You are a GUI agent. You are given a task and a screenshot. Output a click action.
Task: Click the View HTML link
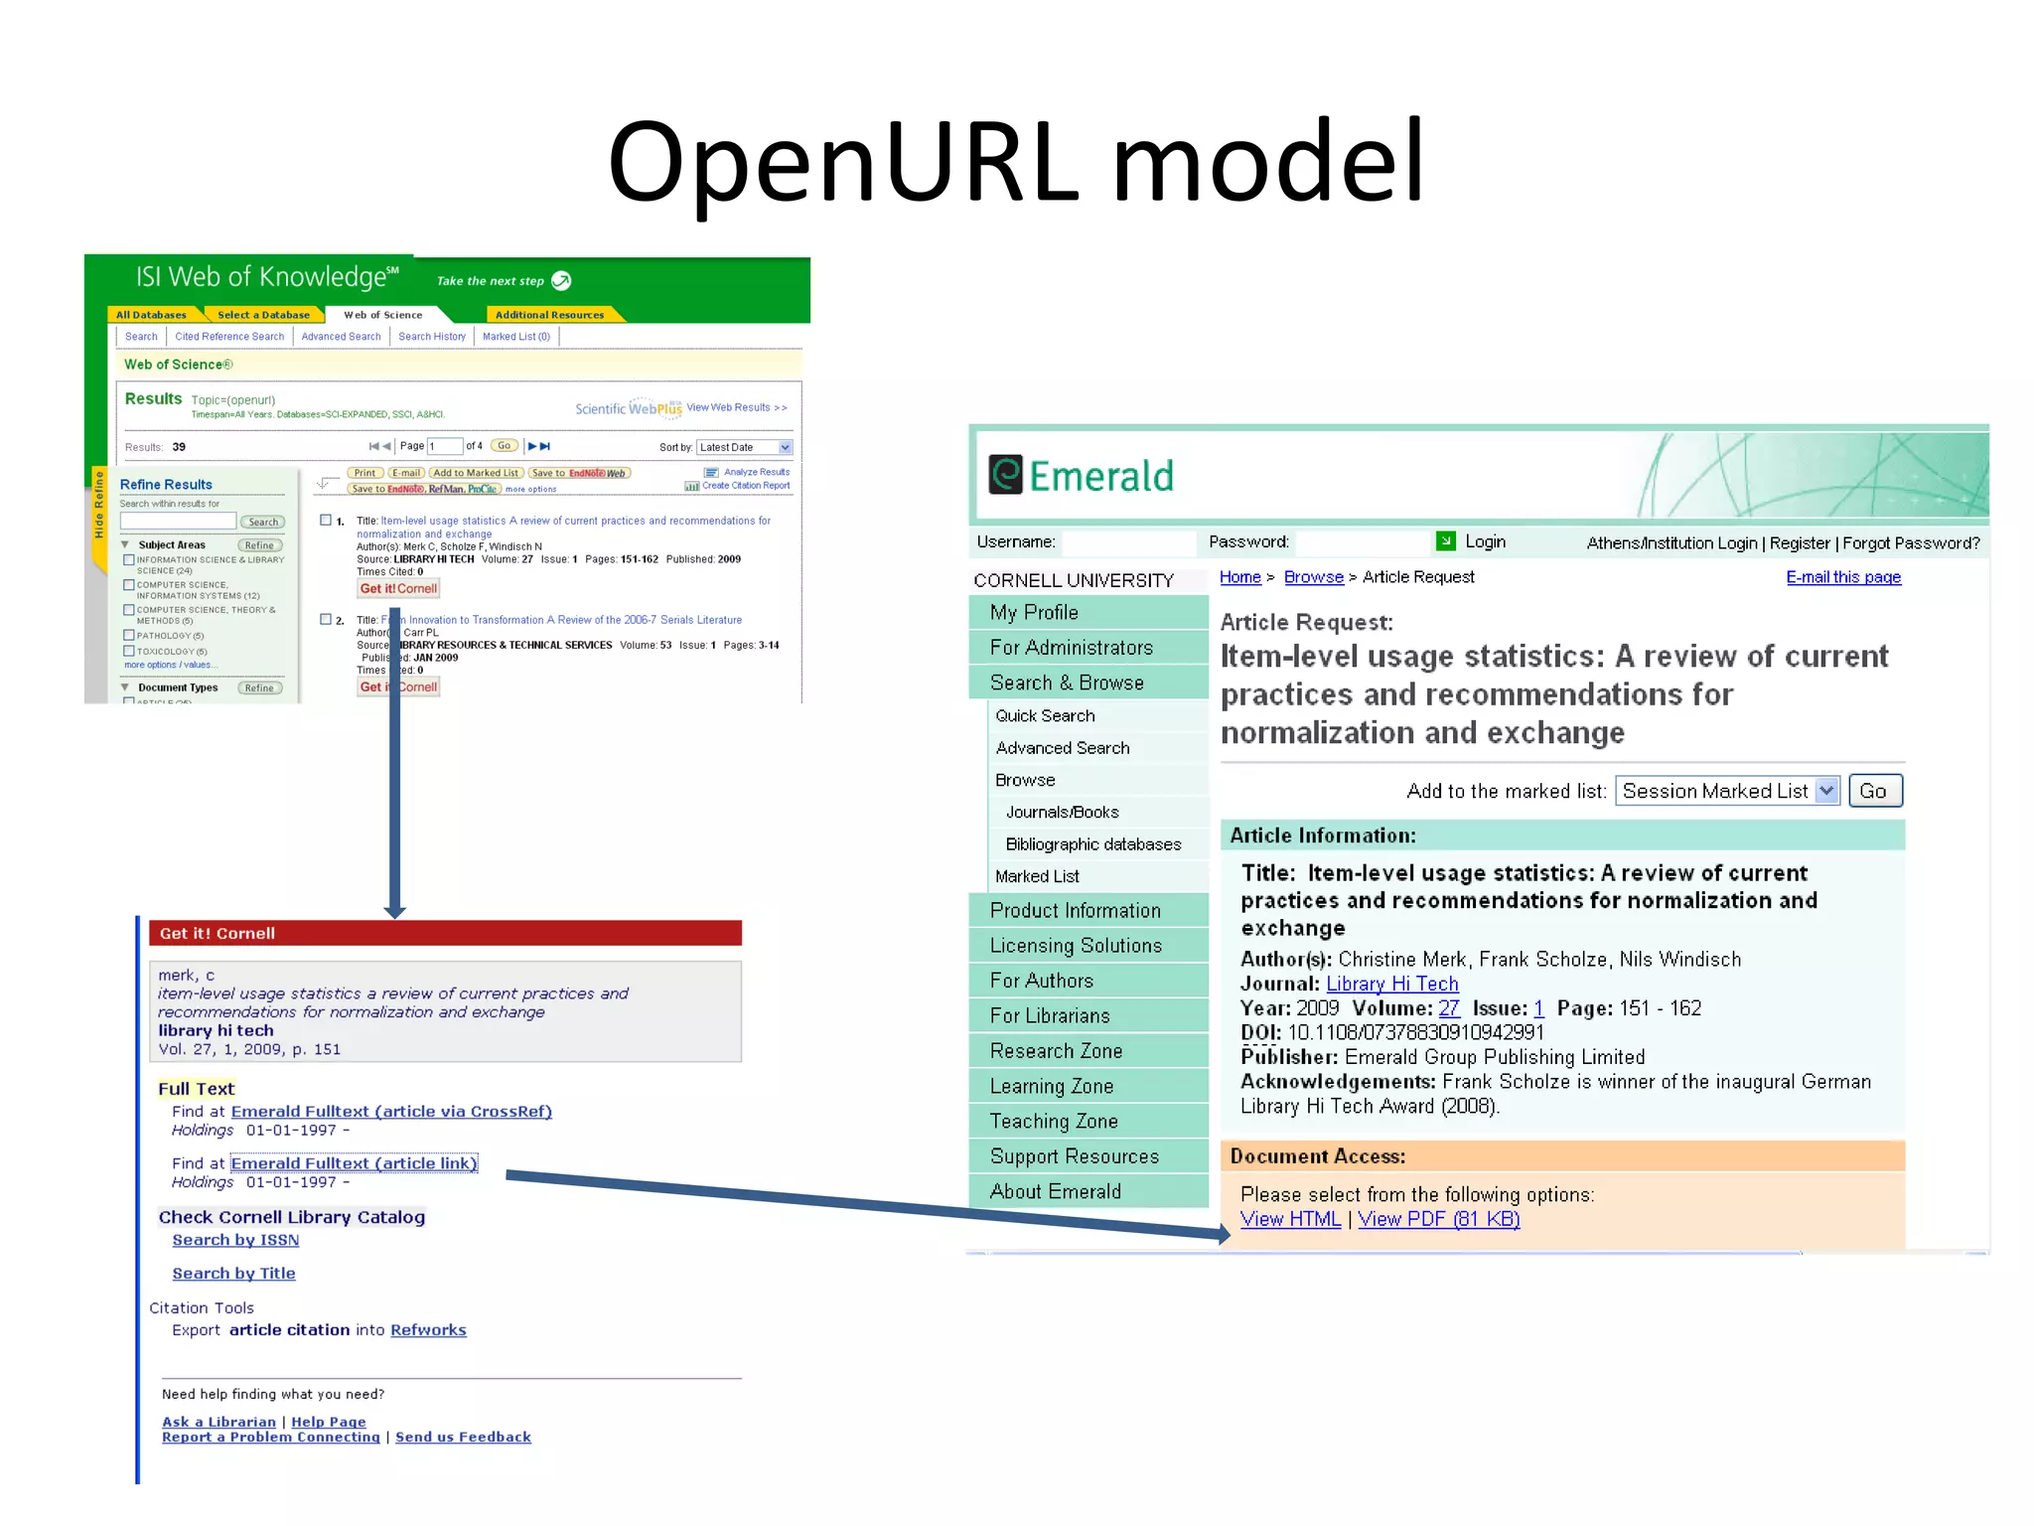[x=1289, y=1219]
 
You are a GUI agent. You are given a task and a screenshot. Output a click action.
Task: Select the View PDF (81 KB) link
[x=1438, y=1219]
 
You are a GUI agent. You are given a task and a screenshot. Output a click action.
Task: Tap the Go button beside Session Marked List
[x=1874, y=791]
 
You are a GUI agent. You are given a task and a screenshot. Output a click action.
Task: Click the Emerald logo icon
[x=1005, y=475]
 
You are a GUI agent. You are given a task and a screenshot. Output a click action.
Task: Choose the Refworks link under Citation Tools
[x=428, y=1330]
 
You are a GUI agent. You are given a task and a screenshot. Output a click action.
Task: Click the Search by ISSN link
[x=235, y=1240]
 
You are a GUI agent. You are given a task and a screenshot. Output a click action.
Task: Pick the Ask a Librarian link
[x=218, y=1422]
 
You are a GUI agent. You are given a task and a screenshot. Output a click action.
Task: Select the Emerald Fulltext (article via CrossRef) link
[x=391, y=1112]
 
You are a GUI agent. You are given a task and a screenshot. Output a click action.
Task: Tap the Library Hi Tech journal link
[x=1392, y=984]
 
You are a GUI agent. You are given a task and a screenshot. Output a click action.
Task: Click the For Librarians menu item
[x=1050, y=1015]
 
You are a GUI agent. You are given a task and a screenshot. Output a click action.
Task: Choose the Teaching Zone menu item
[x=1054, y=1121]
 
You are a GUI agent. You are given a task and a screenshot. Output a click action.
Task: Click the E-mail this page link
[x=1843, y=577]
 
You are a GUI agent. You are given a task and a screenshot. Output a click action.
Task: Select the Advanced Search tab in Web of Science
[x=341, y=337]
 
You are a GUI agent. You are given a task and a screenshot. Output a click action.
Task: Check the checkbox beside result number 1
[x=326, y=520]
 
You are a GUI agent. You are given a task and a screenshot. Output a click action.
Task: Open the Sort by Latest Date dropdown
[x=745, y=447]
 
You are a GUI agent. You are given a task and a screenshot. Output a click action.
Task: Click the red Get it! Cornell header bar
[x=445, y=933]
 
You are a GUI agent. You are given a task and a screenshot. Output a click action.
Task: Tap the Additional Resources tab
[x=549, y=315]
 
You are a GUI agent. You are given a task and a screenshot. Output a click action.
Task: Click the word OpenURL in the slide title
[x=842, y=162]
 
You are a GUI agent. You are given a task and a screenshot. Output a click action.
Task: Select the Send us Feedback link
[x=463, y=1438]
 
